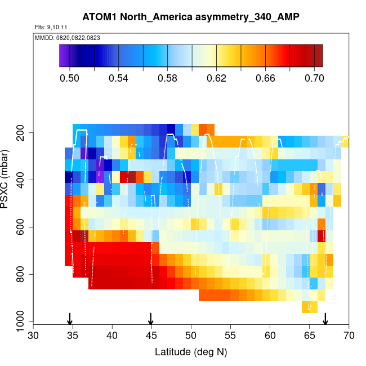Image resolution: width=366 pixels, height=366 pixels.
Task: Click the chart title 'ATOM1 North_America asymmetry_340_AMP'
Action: (x=191, y=17)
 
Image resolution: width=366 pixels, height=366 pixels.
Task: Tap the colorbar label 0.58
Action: (x=167, y=78)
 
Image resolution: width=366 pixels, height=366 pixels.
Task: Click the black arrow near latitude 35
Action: (x=70, y=319)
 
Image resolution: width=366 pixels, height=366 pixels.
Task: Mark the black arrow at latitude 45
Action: (x=151, y=319)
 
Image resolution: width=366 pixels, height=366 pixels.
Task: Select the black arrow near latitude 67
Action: (x=325, y=319)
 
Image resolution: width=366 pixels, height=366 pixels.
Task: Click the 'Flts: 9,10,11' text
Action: (x=51, y=27)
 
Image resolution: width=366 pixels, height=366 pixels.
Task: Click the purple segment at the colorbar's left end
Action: (x=64, y=55)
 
